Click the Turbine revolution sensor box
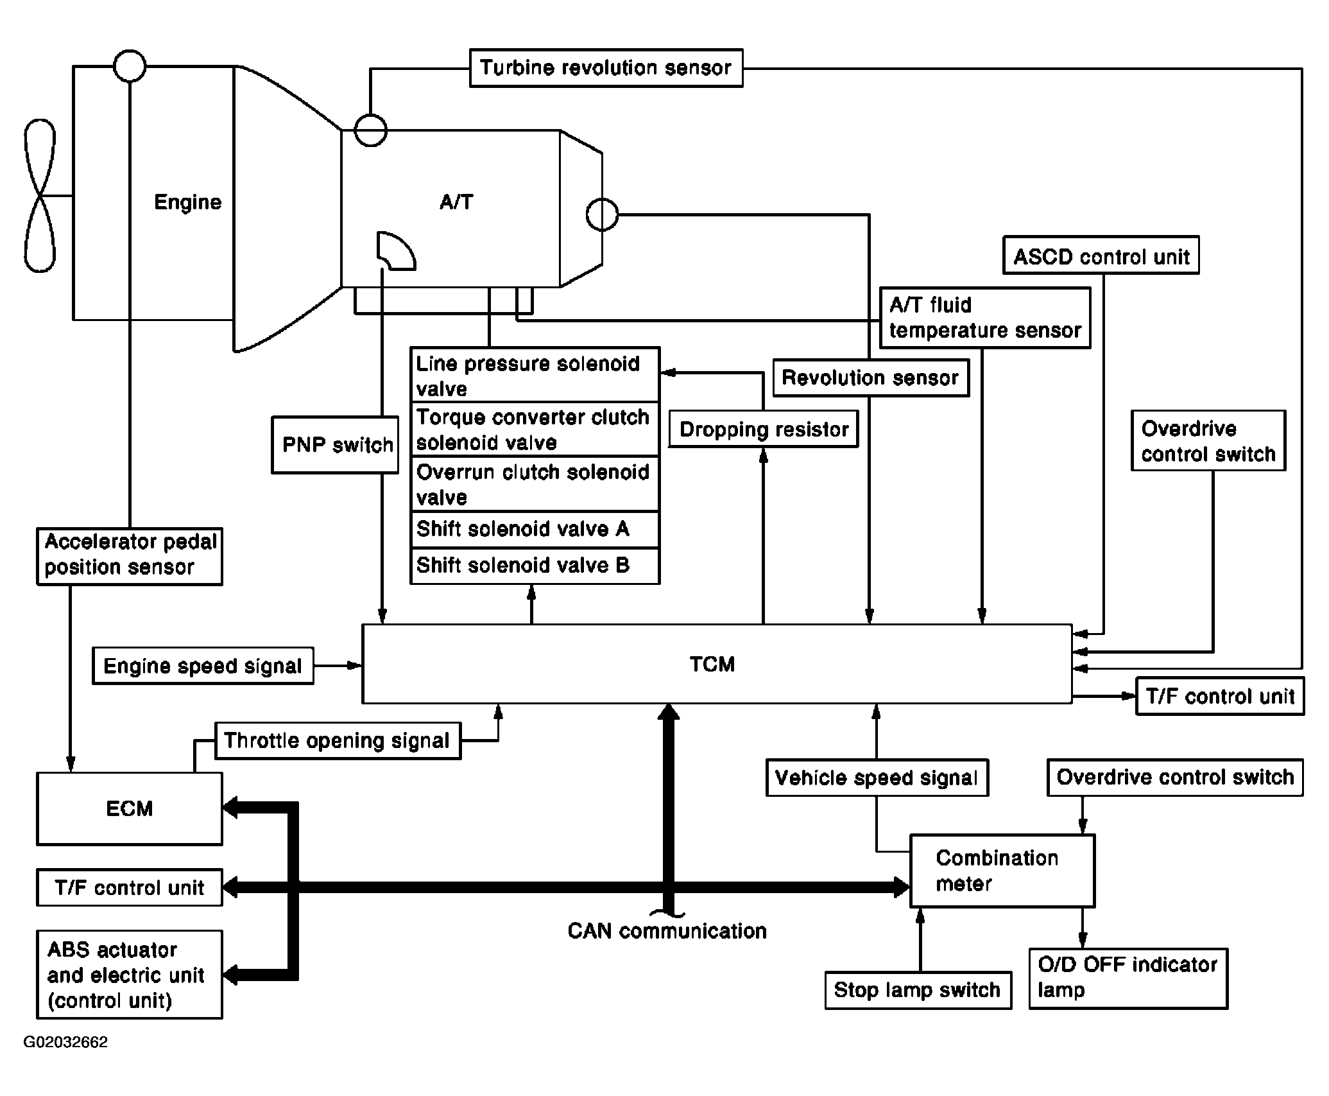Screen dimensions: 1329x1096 pyautogui.click(x=606, y=68)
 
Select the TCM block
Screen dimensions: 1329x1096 pyautogui.click(x=717, y=664)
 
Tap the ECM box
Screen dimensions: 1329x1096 pyautogui.click(x=130, y=808)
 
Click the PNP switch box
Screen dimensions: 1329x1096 pyautogui.click(x=335, y=445)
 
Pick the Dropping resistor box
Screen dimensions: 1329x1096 pyautogui.click(x=763, y=429)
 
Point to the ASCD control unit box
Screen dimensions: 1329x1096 pyautogui.click(x=1101, y=256)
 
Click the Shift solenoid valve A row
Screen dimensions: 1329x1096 pyautogui.click(x=535, y=529)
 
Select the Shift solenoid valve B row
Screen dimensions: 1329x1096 pyautogui.click(x=535, y=566)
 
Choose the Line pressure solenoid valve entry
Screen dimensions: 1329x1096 pyautogui.click(x=535, y=375)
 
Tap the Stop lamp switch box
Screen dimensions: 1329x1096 pyautogui.click(x=918, y=990)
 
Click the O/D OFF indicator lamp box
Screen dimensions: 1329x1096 pyautogui.click(x=1128, y=979)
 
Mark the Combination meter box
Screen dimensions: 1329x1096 pyautogui.click(x=1002, y=871)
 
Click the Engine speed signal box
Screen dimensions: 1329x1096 pyautogui.click(x=203, y=666)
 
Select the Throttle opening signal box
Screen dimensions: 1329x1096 pyautogui.click(x=338, y=741)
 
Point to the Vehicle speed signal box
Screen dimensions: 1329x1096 pyautogui.click(x=877, y=778)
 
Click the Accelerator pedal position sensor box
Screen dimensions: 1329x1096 pyautogui.click(x=130, y=556)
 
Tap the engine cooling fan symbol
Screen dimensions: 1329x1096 pyautogui.click(x=40, y=195)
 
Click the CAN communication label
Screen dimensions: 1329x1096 pyautogui.click(x=667, y=931)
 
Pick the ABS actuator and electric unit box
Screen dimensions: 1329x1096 pyautogui.click(x=130, y=975)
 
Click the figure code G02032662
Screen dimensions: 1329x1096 pyautogui.click(x=65, y=1042)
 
